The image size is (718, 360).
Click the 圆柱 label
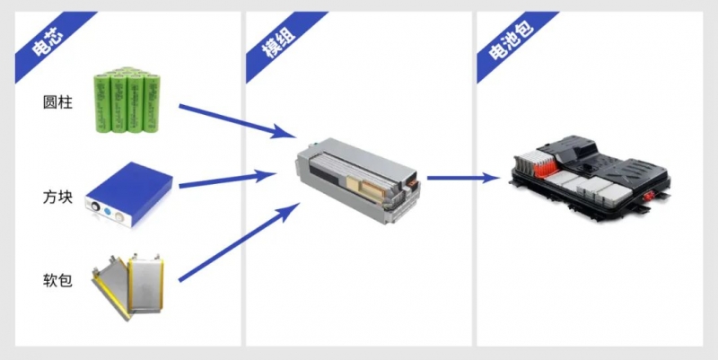(57, 102)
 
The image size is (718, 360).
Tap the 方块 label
(57, 197)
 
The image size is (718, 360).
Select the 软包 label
(57, 280)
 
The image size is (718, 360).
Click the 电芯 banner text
(48, 42)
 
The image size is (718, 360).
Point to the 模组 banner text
(278, 42)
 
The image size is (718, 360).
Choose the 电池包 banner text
(511, 40)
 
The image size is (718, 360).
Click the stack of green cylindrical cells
(127, 101)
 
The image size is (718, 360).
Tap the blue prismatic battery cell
(129, 194)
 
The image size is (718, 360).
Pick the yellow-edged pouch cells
(127, 286)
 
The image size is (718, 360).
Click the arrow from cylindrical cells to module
(237, 121)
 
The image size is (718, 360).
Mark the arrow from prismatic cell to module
(228, 179)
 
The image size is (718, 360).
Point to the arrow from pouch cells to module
(239, 241)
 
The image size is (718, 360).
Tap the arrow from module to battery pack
(463, 178)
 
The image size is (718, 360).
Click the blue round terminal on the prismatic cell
(107, 212)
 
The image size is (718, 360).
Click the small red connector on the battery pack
(647, 198)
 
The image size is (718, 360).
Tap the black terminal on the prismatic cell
(96, 207)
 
